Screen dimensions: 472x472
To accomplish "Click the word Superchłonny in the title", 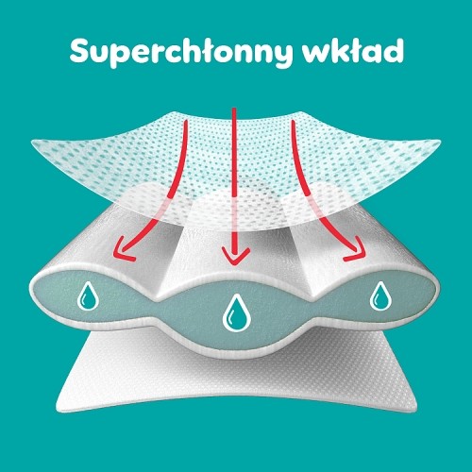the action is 180,51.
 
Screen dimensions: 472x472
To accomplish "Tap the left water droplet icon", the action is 88,296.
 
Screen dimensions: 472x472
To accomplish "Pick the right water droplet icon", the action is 380,296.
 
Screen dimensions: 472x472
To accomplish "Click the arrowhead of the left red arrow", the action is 121,250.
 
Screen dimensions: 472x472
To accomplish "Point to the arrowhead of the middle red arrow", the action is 235,257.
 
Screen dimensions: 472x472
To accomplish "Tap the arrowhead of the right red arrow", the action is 356,250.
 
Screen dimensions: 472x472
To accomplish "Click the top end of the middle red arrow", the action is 234,109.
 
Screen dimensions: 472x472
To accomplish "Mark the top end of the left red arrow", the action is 186,121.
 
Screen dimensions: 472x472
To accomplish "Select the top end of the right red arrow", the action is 293,122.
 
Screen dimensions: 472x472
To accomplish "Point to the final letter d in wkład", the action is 393,50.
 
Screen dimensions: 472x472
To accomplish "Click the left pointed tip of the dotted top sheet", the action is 31,143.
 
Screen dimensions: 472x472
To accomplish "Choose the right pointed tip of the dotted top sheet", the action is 440,142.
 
